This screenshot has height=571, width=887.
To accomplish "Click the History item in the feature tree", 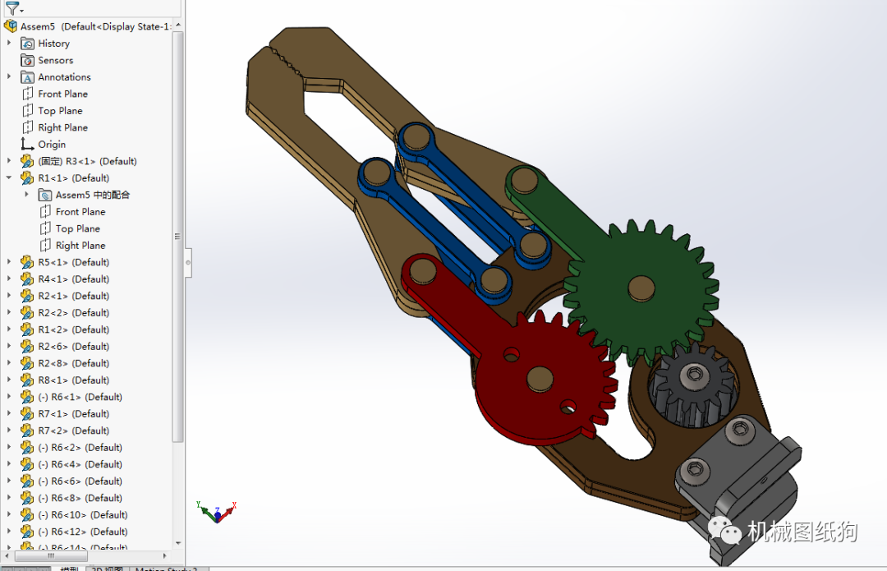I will pyautogui.click(x=53, y=44).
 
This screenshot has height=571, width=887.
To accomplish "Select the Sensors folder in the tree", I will pyautogui.click(x=55, y=60).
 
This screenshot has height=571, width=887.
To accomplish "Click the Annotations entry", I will pyautogui.click(x=64, y=77).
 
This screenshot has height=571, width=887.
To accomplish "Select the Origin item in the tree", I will pyautogui.click(x=52, y=145).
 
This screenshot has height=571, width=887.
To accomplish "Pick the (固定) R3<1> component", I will pyautogui.click(x=87, y=161).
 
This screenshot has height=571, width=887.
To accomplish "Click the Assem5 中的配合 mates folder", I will pyautogui.click(x=92, y=195).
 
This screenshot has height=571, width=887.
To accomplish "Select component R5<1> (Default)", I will pyautogui.click(x=73, y=262).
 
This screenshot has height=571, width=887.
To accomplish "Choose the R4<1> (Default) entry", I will pyautogui.click(x=73, y=279).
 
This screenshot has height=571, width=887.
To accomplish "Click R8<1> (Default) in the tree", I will pyautogui.click(x=73, y=380).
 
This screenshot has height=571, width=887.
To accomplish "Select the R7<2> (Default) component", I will pyautogui.click(x=73, y=431).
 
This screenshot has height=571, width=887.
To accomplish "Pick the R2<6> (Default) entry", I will pyautogui.click(x=73, y=347).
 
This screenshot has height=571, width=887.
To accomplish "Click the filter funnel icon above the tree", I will pyautogui.click(x=12, y=9).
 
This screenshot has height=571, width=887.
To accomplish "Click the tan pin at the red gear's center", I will pyautogui.click(x=539, y=377).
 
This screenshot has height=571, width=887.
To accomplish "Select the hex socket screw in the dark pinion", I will pyautogui.click(x=696, y=375).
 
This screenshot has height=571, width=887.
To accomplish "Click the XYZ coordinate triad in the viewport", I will pyautogui.click(x=217, y=512).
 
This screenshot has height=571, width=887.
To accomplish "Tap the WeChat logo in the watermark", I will pyautogui.click(x=727, y=532).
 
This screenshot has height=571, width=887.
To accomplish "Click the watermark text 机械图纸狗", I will pyautogui.click(x=802, y=532).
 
